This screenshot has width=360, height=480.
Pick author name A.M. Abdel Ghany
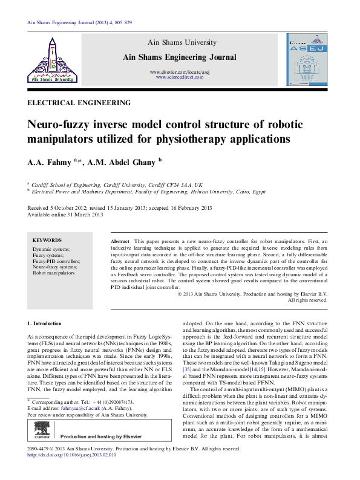point(120,162)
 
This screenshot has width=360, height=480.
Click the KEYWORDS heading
point(47,240)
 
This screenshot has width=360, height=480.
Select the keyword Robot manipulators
point(53,273)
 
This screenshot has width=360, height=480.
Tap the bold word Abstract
point(120,241)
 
